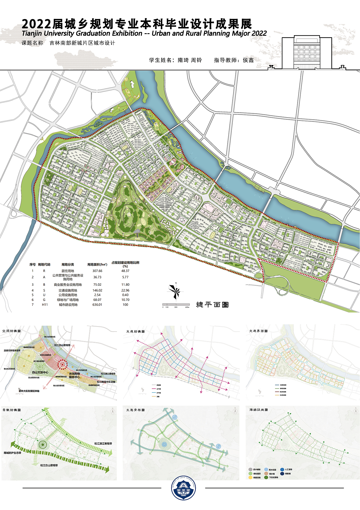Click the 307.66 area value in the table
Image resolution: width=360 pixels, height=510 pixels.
[97, 271]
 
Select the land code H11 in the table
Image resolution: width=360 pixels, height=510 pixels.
[45, 305]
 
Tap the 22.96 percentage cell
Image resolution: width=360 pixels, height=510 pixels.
[125, 290]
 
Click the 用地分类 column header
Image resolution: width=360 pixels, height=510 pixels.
[68, 265]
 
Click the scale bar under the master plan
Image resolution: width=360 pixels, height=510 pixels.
[176, 305]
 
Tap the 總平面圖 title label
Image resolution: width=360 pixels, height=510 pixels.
[212, 305]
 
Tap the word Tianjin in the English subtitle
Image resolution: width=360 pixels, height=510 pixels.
[32, 33]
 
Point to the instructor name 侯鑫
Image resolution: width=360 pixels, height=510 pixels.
[248, 60]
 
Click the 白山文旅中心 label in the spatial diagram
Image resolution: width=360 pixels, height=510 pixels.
[40, 372]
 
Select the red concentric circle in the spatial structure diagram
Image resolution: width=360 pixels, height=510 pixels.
[63, 365]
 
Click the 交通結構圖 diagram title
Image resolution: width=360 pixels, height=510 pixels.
[136, 331]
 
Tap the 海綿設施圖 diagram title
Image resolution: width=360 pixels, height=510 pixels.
[258, 410]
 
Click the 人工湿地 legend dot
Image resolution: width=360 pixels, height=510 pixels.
[282, 469]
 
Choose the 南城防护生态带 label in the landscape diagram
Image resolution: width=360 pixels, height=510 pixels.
[12, 453]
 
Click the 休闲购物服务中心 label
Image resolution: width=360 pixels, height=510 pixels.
[75, 375]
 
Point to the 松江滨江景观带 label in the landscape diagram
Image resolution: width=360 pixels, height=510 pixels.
[103, 444]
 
